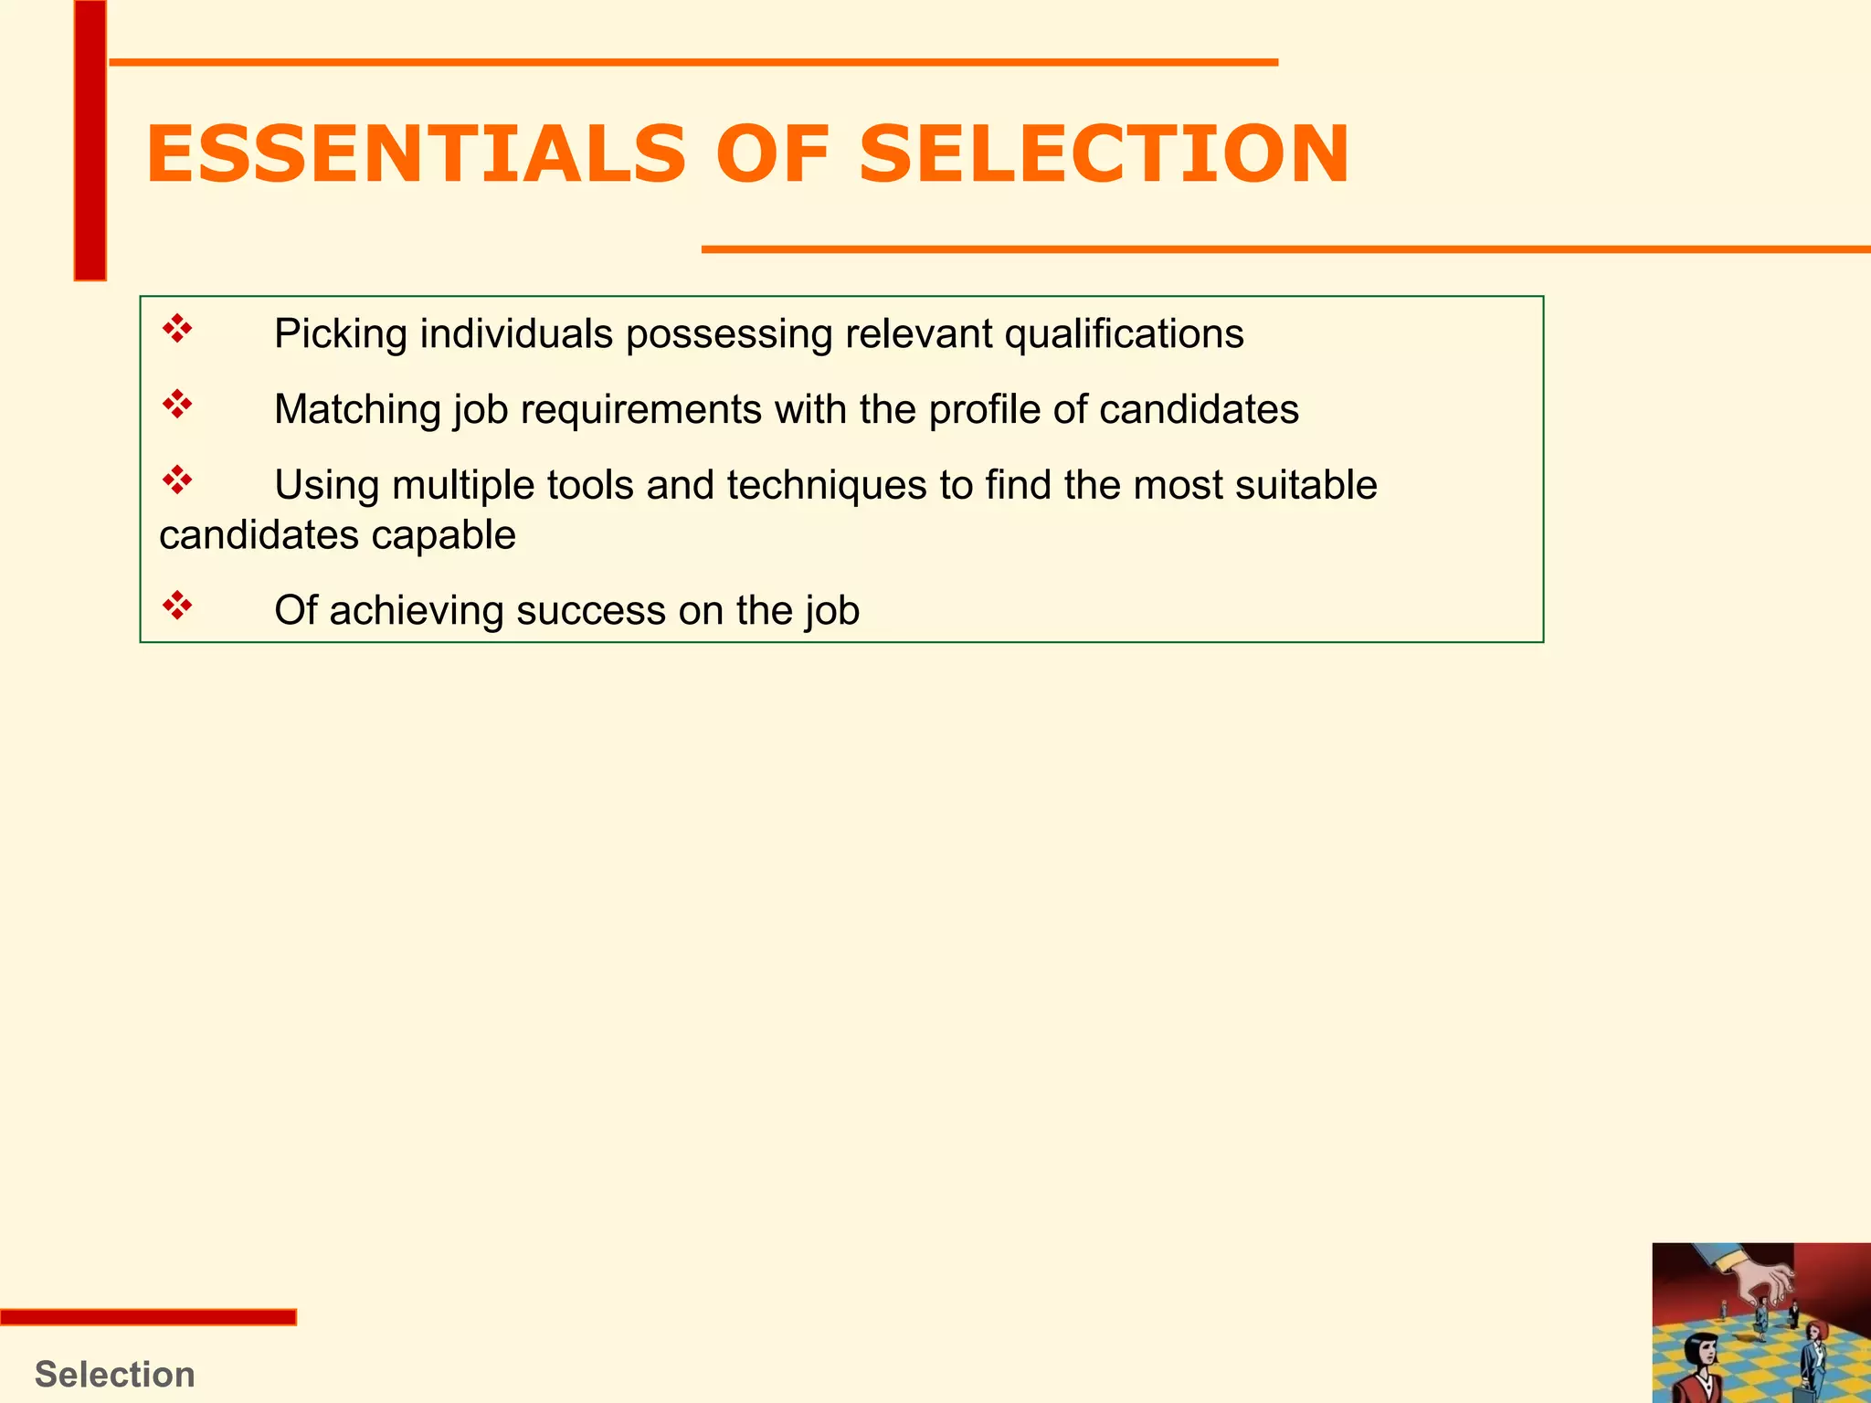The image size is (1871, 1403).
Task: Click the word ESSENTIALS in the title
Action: coord(416,154)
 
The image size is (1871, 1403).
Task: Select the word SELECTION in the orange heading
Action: coord(1104,154)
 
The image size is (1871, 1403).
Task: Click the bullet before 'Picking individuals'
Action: coord(177,329)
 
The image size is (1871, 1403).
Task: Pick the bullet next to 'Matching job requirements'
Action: coord(177,405)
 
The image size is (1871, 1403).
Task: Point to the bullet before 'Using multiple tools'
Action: coord(177,480)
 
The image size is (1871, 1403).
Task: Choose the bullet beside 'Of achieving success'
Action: coord(177,606)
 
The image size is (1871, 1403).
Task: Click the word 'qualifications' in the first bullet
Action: coord(1124,334)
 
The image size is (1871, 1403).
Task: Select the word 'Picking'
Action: coord(341,334)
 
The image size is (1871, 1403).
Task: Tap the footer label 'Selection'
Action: coord(115,1374)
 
